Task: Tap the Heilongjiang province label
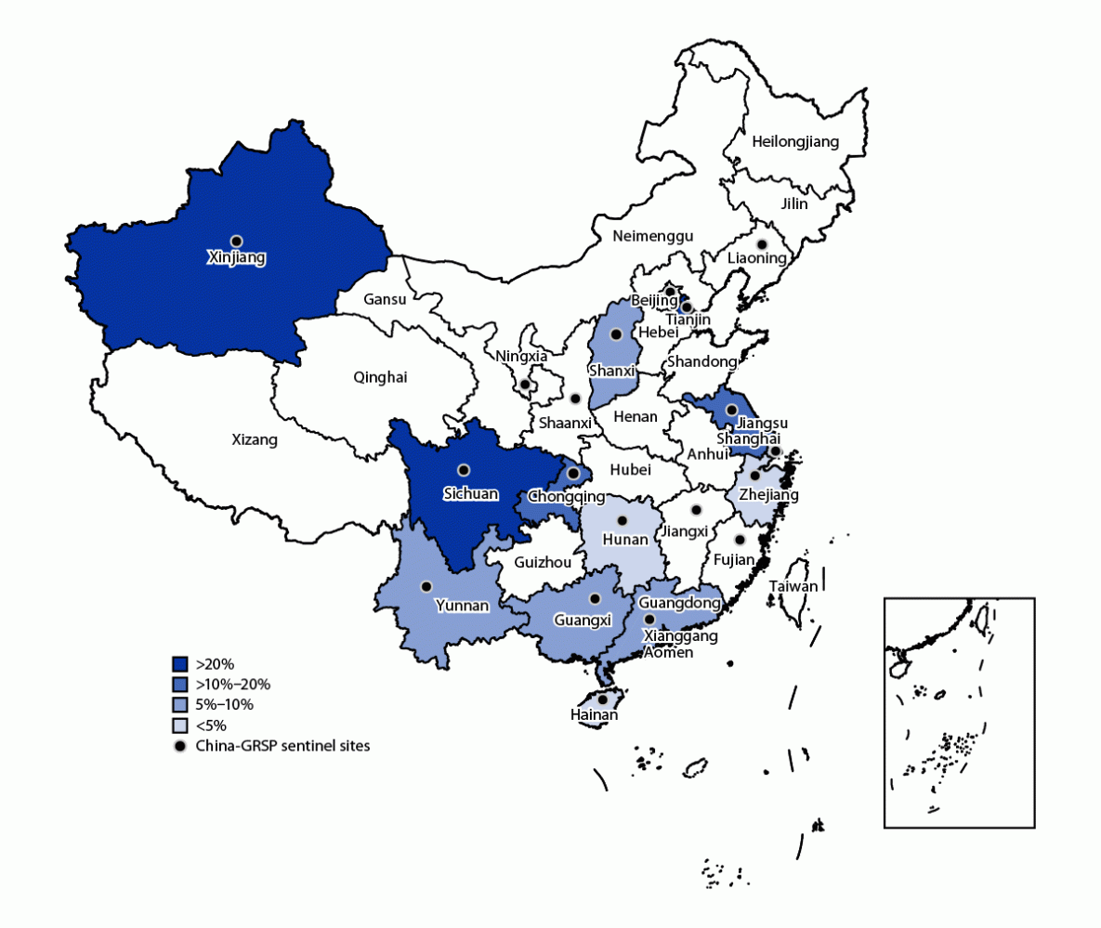pyautogui.click(x=794, y=142)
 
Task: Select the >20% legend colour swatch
pyautogui.click(x=180, y=664)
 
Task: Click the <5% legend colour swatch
pyautogui.click(x=180, y=725)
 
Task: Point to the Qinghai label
pyautogui.click(x=380, y=377)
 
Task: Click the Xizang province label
pyautogui.click(x=254, y=440)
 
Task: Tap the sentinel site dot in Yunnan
pyautogui.click(x=426, y=586)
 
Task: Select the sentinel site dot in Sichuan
pyautogui.click(x=463, y=470)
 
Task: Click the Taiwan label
pyautogui.click(x=793, y=586)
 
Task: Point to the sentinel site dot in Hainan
pyautogui.click(x=602, y=699)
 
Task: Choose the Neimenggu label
pyautogui.click(x=652, y=237)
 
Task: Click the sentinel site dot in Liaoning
pyautogui.click(x=761, y=244)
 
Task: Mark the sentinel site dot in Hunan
pyautogui.click(x=622, y=520)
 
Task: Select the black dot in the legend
pyautogui.click(x=180, y=746)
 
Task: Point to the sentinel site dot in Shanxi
pyautogui.click(x=614, y=334)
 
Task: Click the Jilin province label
pyautogui.click(x=794, y=203)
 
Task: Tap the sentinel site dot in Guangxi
pyautogui.click(x=595, y=599)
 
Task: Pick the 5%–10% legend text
pyautogui.click(x=224, y=705)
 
